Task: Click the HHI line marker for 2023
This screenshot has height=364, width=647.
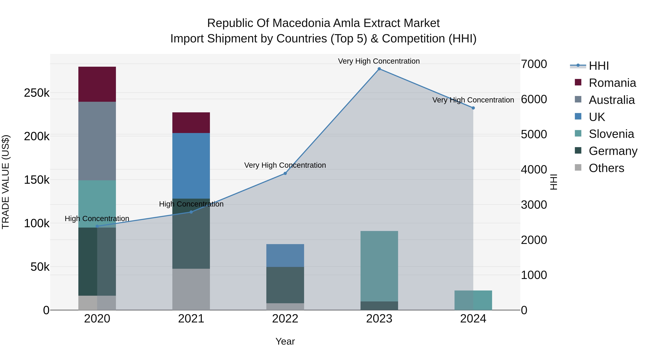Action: [379, 69]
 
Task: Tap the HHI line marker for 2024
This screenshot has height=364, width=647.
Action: [473, 108]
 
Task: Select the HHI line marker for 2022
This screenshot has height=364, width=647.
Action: [285, 173]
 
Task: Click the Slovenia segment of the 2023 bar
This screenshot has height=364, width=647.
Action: [379, 266]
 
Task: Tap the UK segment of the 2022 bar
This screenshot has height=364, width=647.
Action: [285, 255]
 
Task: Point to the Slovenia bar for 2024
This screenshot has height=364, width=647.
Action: [473, 300]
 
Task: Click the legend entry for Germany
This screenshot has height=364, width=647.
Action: [613, 151]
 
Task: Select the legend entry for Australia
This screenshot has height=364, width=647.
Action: [612, 100]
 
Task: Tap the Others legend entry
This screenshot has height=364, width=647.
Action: [606, 168]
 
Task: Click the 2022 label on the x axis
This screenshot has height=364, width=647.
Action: [285, 319]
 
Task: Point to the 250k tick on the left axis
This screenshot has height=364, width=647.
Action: [37, 93]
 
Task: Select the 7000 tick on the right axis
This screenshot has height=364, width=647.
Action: [534, 64]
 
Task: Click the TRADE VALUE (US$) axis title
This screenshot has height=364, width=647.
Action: [6, 182]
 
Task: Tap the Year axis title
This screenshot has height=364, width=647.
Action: [285, 341]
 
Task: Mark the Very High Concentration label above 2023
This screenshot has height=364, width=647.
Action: [379, 61]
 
